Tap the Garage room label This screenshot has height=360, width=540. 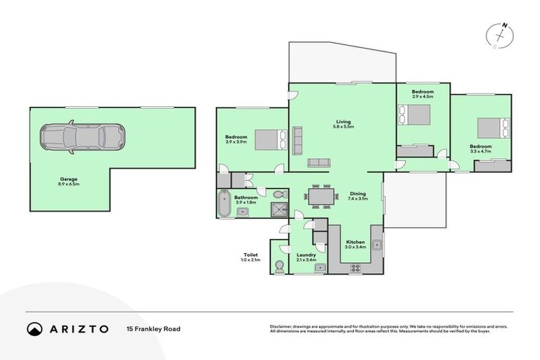click(x=69, y=180)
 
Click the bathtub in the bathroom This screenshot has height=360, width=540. click(x=225, y=204)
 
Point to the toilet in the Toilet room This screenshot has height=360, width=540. click(x=279, y=265)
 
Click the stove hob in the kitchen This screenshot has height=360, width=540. click(x=354, y=267)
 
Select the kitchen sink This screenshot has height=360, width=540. click(x=378, y=245)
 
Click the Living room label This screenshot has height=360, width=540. click(x=342, y=122)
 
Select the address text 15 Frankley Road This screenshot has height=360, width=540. click(x=150, y=328)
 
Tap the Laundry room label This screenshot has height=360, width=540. click(x=306, y=255)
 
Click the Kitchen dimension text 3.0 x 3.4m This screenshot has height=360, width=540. click(x=354, y=247)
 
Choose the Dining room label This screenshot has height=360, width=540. click(x=358, y=194)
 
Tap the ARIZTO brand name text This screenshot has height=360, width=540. click(x=79, y=328)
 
